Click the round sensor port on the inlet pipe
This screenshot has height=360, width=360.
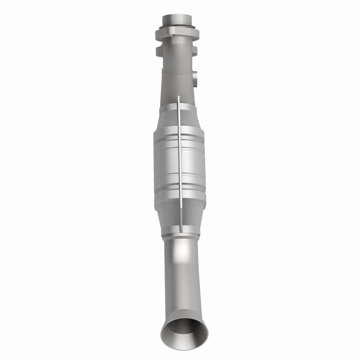(194, 77)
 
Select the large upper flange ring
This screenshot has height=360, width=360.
(176, 34)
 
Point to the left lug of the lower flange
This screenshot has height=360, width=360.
(159, 50)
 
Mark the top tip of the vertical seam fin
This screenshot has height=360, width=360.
(178, 98)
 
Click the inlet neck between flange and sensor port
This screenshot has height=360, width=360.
(175, 67)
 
